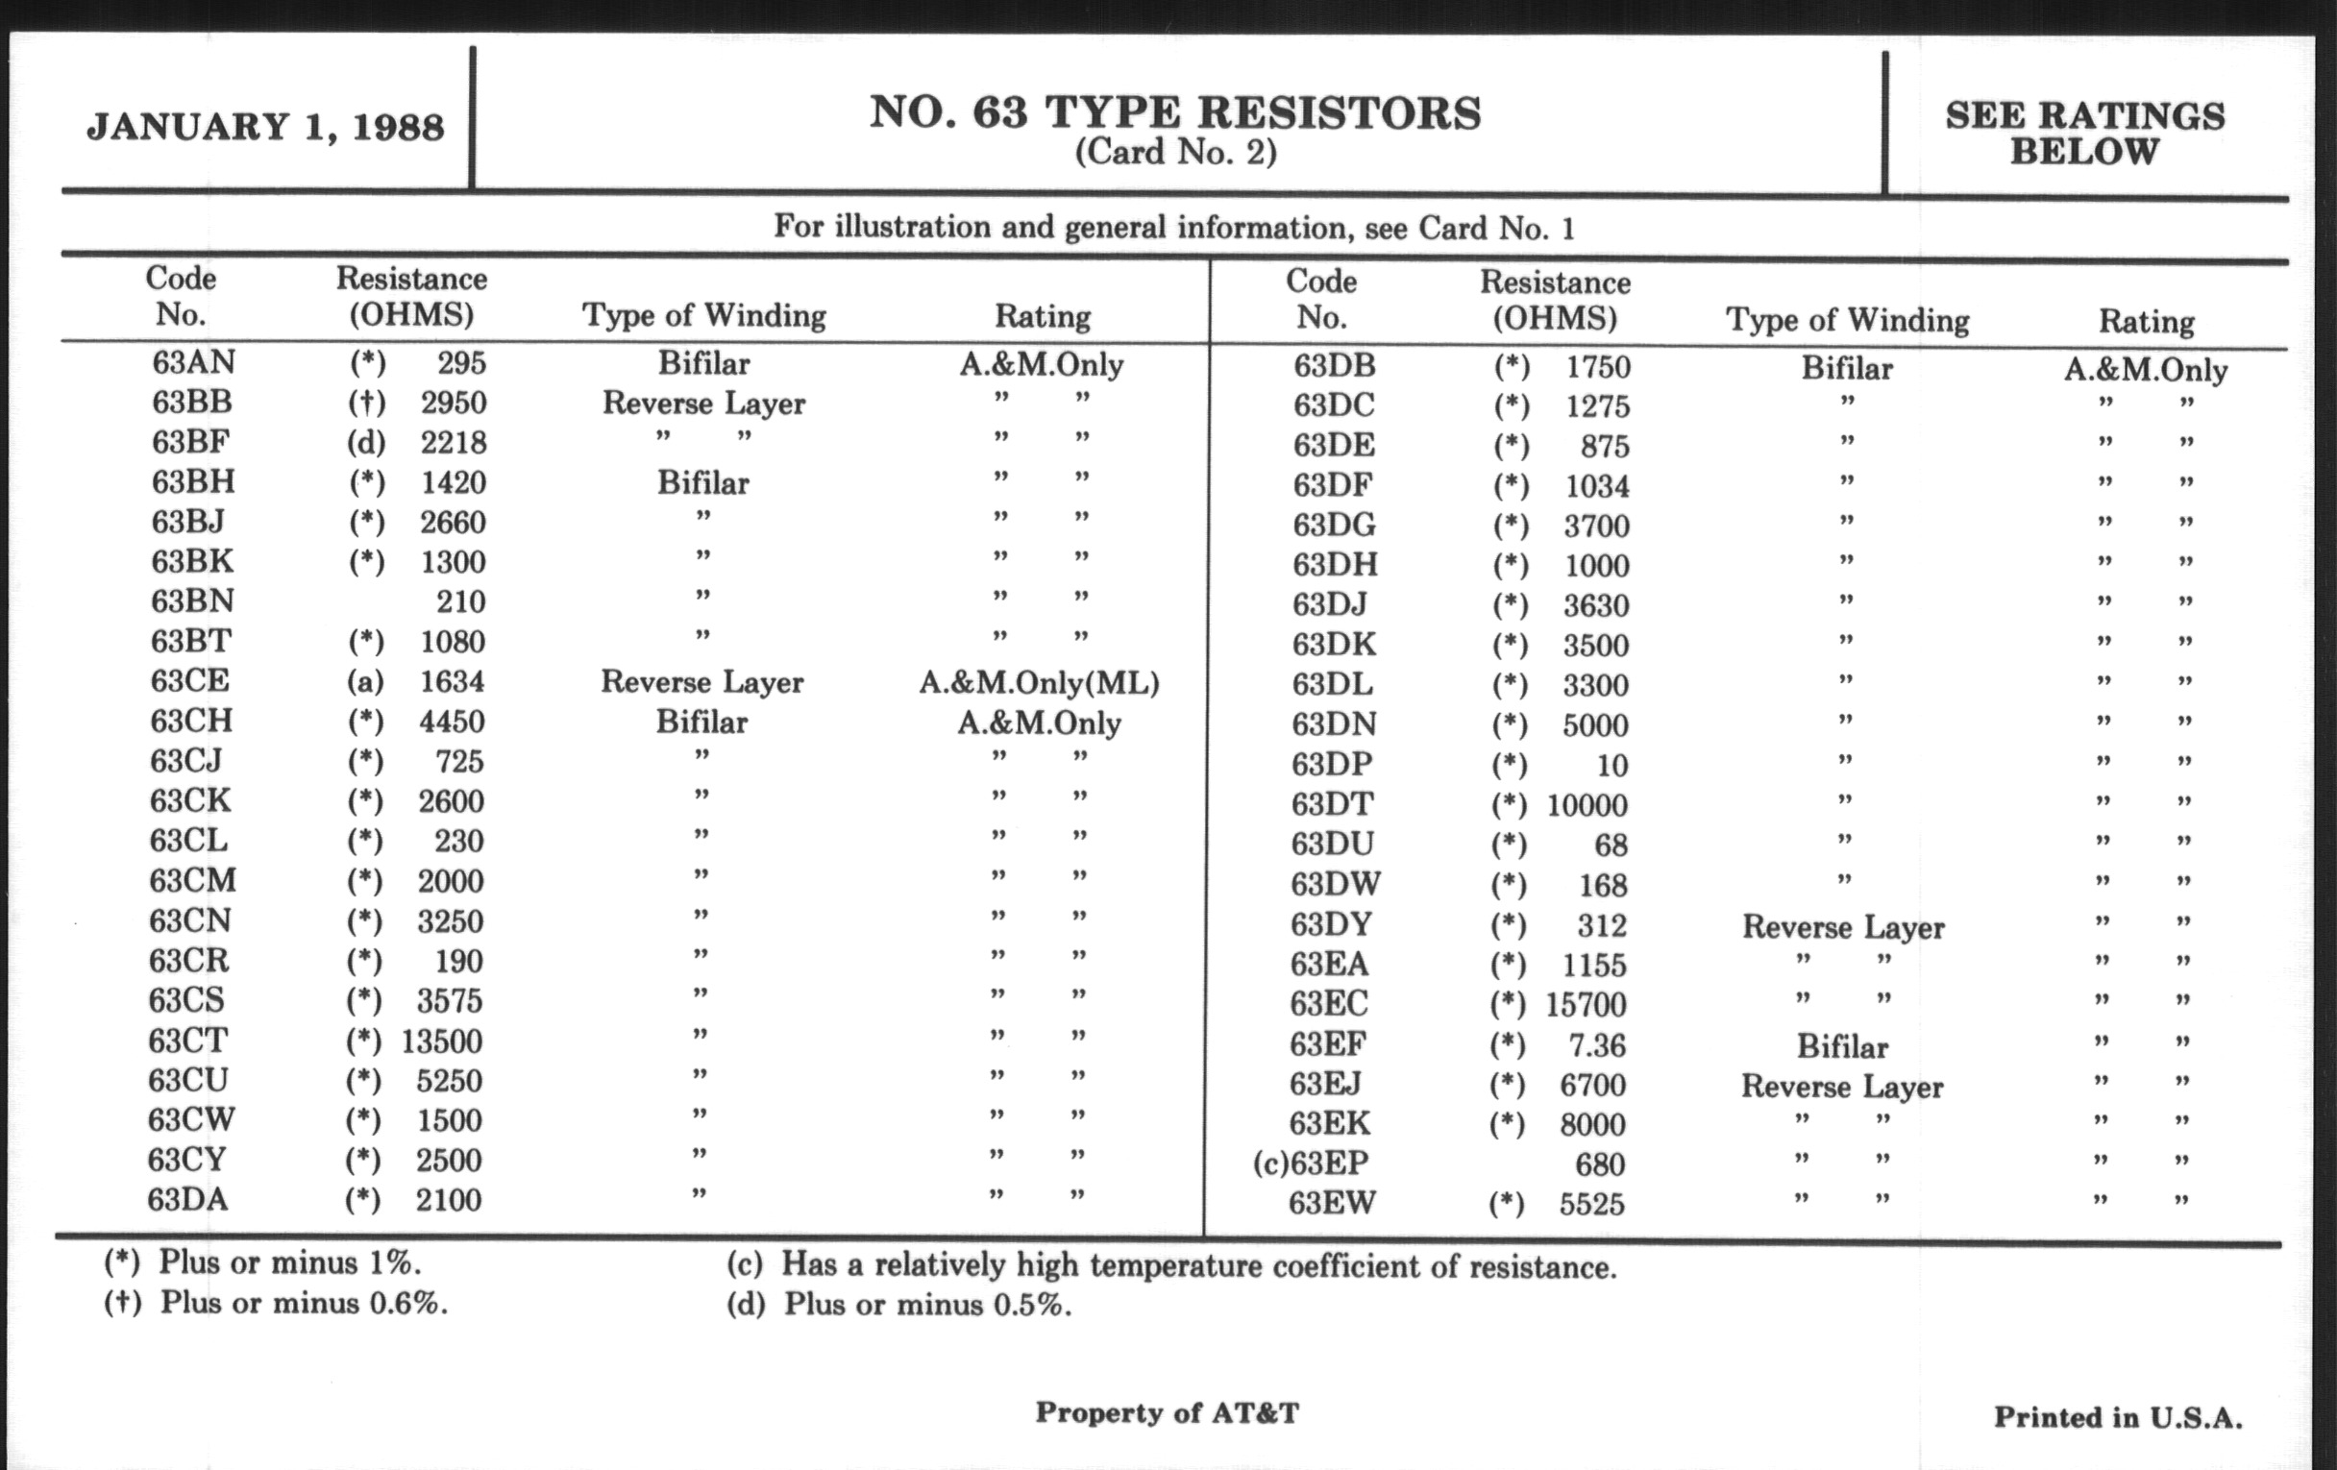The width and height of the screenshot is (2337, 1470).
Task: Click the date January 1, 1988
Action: (x=265, y=127)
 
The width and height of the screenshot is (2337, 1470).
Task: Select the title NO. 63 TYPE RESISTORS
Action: (x=1175, y=112)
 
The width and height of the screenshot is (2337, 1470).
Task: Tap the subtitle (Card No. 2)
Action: (x=1175, y=153)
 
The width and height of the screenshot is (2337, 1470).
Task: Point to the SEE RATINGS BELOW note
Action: (x=2084, y=134)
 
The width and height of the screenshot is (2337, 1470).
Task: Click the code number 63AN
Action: (x=193, y=362)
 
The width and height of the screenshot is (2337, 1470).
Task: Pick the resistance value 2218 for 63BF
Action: (x=454, y=443)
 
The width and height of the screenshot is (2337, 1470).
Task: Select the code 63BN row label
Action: (x=192, y=601)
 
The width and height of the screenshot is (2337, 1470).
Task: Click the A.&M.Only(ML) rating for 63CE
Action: (x=1039, y=683)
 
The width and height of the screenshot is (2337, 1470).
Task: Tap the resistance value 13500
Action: (x=442, y=1041)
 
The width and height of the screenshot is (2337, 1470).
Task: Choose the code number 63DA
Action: (x=188, y=1200)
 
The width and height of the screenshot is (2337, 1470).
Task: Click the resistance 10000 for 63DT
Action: (x=1587, y=805)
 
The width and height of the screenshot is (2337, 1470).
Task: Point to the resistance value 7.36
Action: (x=1596, y=1045)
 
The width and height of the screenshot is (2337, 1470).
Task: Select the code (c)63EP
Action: (x=1310, y=1164)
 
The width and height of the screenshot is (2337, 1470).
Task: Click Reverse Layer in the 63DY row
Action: (x=1843, y=927)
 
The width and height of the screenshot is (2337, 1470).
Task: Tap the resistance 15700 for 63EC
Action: (x=1585, y=1005)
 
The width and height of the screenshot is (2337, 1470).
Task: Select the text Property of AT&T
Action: (x=1167, y=1412)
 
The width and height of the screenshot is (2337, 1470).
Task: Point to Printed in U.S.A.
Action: (x=2118, y=1417)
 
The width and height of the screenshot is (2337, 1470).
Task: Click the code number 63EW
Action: (x=1332, y=1203)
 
